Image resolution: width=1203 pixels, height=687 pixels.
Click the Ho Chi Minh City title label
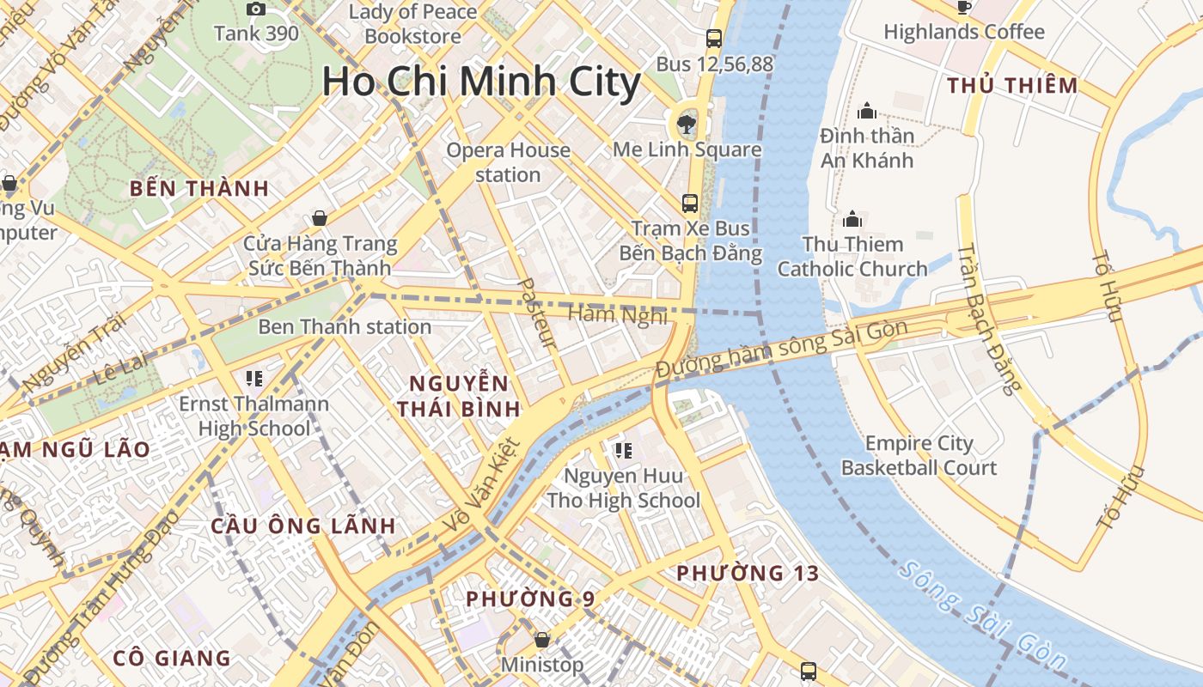(x=481, y=82)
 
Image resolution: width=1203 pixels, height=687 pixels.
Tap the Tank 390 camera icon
(x=256, y=9)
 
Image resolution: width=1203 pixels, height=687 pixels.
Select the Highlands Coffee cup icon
(x=964, y=8)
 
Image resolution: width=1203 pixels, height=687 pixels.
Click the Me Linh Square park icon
(x=687, y=125)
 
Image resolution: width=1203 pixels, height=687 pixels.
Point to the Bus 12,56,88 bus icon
(x=714, y=39)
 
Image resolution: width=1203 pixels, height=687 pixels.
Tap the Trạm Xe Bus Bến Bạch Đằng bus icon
(x=690, y=204)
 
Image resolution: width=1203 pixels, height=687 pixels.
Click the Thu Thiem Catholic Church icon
(x=852, y=219)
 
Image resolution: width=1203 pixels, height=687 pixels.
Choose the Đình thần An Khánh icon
(x=867, y=111)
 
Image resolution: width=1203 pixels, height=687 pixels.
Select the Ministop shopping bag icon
(x=542, y=640)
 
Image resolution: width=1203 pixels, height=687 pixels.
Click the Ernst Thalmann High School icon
(x=253, y=378)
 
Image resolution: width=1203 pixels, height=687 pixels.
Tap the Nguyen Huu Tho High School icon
(x=624, y=450)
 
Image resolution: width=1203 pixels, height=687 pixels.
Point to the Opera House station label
(x=508, y=162)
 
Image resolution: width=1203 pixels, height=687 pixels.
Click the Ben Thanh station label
(x=345, y=326)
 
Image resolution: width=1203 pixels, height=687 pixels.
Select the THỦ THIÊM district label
(x=1012, y=85)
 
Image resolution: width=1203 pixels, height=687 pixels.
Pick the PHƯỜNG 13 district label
(x=748, y=573)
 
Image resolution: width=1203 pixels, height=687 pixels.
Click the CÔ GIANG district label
(x=172, y=659)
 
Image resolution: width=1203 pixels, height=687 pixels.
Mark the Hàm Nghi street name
(x=618, y=315)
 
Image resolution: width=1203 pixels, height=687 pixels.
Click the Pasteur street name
(x=540, y=313)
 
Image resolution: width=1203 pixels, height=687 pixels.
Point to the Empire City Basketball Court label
(x=919, y=455)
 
